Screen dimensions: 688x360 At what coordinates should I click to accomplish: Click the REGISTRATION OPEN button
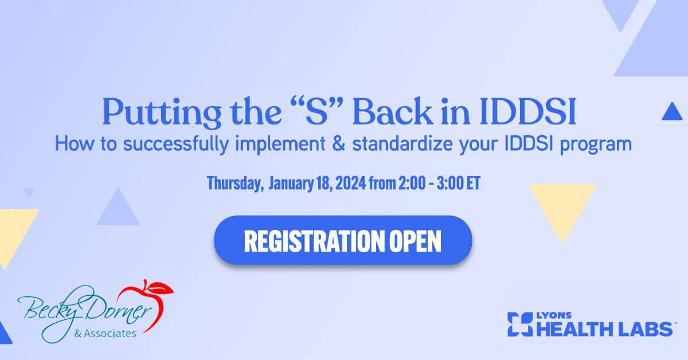coord(343,240)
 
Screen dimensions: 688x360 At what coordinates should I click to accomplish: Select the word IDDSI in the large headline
coord(527,112)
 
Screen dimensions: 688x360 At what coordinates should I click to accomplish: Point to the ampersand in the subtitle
coord(338,144)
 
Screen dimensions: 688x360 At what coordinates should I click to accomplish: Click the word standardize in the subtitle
coord(402,144)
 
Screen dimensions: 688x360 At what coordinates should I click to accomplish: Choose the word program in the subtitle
coord(596,145)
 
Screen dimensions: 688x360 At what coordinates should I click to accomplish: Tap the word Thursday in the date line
coord(235,183)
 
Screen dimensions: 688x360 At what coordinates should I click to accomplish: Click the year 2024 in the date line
coord(351,183)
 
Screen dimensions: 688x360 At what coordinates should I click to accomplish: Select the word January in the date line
coord(291,183)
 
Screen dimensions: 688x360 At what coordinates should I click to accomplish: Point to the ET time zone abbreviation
coord(474,183)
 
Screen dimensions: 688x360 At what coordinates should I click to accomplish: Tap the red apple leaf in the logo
coord(159,288)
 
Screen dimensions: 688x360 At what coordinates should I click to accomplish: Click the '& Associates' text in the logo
coord(105,334)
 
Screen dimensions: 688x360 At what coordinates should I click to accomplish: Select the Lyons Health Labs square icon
coord(520,324)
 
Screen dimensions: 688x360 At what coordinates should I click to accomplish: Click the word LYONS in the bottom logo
coord(554,315)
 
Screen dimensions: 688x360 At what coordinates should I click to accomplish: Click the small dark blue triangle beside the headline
coord(672,111)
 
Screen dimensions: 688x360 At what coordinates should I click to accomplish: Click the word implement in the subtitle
coord(280,144)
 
